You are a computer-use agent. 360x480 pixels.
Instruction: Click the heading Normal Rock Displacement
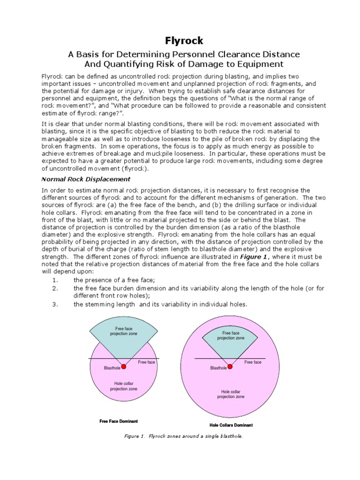tap(86, 179)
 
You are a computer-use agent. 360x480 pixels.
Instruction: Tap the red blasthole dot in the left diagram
tap(124, 367)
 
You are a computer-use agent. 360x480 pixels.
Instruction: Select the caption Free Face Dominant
tap(119, 421)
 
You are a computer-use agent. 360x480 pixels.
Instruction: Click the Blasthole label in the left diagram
tap(112, 368)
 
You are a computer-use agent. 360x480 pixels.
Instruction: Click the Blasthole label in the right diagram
tap(218, 368)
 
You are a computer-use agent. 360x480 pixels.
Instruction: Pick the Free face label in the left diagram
tap(146, 362)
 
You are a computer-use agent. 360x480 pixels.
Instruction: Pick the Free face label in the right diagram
tap(253, 362)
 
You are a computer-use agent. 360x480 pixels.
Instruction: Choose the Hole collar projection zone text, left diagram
tap(123, 386)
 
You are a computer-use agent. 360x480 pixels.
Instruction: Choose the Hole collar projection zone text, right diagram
tap(231, 394)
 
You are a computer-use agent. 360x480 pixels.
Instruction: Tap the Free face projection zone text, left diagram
tap(124, 331)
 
